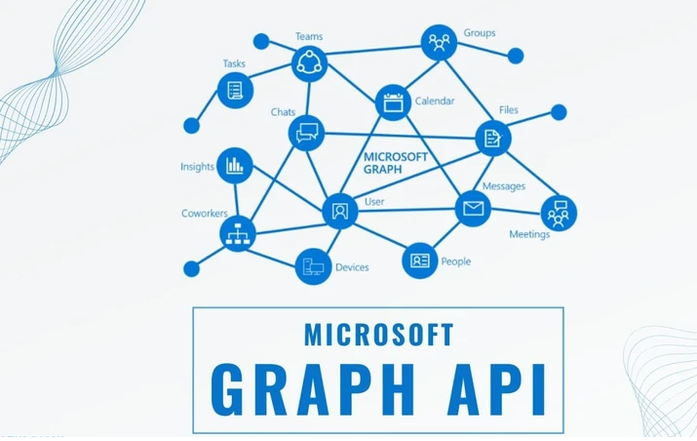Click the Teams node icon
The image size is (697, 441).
(x=309, y=64)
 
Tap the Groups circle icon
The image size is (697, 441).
(x=439, y=42)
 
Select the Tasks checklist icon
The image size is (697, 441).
(x=235, y=91)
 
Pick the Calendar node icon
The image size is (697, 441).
(x=393, y=101)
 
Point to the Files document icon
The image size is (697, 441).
(x=493, y=138)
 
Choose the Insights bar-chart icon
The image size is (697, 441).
(x=234, y=166)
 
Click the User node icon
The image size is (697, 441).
(x=339, y=210)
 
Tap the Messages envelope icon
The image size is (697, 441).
(x=473, y=208)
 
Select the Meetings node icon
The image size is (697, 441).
(x=559, y=212)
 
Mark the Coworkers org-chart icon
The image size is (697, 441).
(x=237, y=233)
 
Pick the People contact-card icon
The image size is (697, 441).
(x=420, y=261)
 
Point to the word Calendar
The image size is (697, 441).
(x=434, y=100)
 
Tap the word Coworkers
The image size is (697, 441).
(x=204, y=213)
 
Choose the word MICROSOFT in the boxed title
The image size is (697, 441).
(x=378, y=334)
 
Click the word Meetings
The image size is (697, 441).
(x=529, y=234)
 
